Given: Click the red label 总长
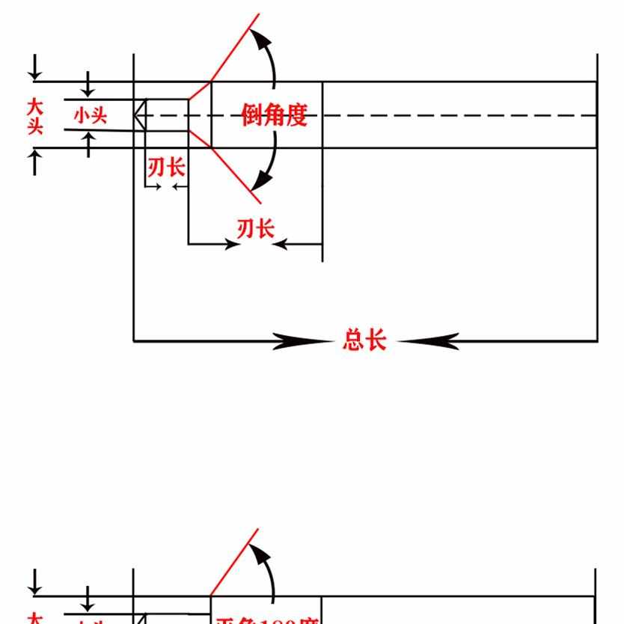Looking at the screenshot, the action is [364, 340].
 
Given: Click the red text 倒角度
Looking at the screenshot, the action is [275, 115].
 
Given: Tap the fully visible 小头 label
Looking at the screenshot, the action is [91, 116].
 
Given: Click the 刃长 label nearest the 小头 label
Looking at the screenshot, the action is [166, 167].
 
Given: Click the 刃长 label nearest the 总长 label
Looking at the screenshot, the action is [256, 228].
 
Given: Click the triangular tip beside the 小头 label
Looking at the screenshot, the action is [139, 116].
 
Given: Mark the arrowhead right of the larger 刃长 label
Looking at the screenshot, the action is [281, 244].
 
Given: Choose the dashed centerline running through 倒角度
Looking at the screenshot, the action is [449, 116].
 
